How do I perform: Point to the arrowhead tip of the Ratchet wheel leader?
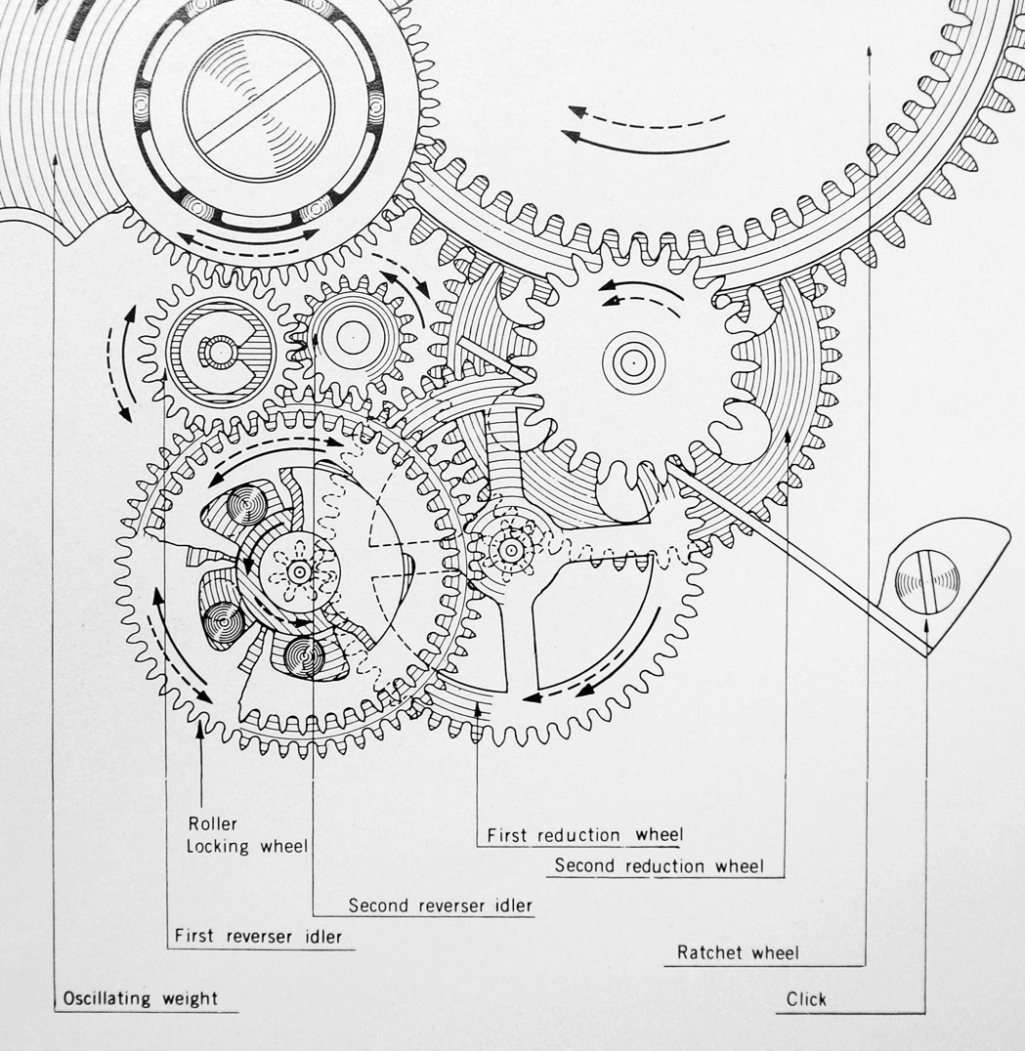[869, 46]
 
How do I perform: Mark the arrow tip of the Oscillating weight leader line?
[55, 155]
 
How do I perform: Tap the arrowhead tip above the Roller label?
[199, 722]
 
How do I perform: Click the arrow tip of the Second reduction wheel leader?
[788, 431]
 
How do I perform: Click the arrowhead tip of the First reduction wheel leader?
[478, 701]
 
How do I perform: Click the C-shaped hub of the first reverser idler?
[220, 353]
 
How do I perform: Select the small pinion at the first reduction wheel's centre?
[511, 550]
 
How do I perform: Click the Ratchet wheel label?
[738, 952]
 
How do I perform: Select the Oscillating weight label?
[140, 998]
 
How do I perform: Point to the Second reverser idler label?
[441, 905]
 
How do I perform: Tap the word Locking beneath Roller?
[218, 847]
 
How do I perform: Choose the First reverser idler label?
[258, 936]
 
